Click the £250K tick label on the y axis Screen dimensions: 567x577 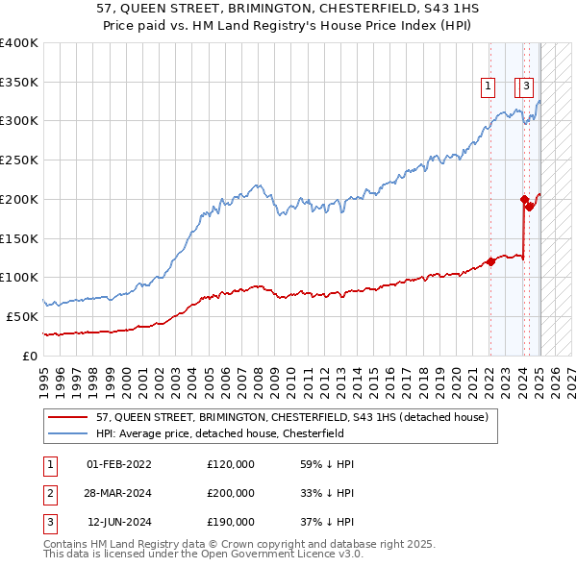coord(18,160)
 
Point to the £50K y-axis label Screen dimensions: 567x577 coord(22,316)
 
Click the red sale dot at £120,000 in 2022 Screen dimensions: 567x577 coord(490,260)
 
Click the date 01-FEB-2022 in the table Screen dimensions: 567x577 coord(118,464)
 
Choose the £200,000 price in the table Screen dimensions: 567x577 coord(231,493)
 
